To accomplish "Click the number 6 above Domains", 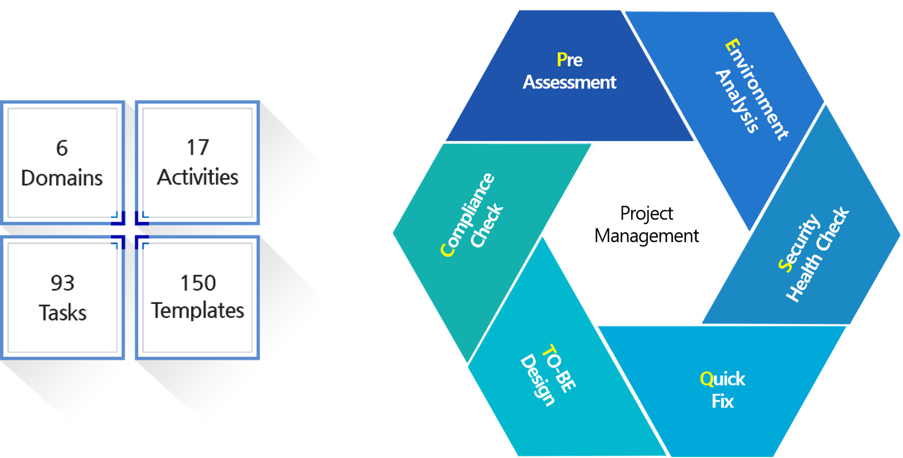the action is tap(61, 148).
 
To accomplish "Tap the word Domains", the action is tap(61, 178).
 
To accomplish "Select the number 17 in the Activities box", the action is tap(198, 147).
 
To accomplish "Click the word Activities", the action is tap(198, 177).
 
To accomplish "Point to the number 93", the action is tap(63, 283).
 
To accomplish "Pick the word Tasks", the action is tap(63, 313).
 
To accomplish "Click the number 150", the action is tap(198, 283).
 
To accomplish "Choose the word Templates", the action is tap(198, 311).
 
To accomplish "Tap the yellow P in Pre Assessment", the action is tap(562, 60).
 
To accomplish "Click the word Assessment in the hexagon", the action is tap(569, 82).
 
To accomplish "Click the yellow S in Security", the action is tap(784, 265).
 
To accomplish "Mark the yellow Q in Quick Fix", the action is tap(707, 379).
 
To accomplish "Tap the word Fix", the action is tap(722, 402).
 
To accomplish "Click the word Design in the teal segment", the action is tap(537, 380).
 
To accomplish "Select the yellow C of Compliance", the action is tap(447, 250).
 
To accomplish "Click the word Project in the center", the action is tap(647, 214).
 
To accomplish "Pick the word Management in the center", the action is tap(647, 236).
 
